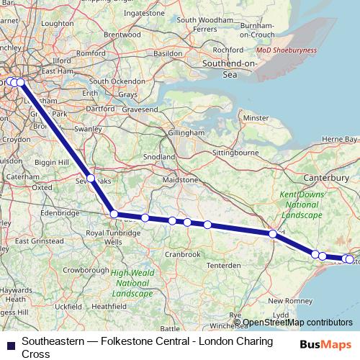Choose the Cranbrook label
click(x=182, y=254)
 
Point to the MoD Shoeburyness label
click(x=287, y=50)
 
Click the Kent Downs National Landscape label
click(x=300, y=205)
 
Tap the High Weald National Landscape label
click(x=132, y=283)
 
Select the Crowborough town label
click(x=89, y=269)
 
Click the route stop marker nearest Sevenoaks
click(x=91, y=178)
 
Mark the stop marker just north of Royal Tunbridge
click(x=114, y=213)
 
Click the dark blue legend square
click(x=10, y=343)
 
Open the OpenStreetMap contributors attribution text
click(x=297, y=323)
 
